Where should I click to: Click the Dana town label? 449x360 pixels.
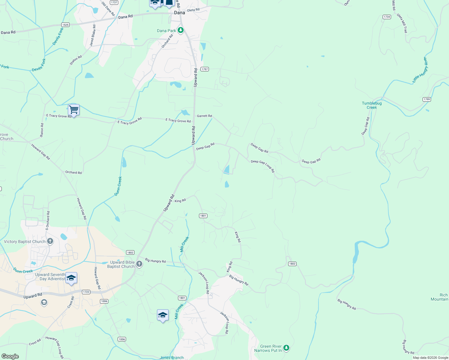tap(179, 13)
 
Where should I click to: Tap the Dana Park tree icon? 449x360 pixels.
tap(180, 30)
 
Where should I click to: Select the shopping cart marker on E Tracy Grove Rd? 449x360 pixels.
tap(74, 110)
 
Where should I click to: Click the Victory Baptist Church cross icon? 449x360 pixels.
tap(50, 241)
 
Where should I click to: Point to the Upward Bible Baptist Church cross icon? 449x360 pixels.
tap(139, 264)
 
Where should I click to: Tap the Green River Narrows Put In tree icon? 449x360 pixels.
tap(286, 348)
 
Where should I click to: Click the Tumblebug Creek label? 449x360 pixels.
tap(372, 105)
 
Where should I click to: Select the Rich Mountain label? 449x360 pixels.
tap(439, 297)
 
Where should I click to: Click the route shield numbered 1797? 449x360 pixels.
tap(204, 69)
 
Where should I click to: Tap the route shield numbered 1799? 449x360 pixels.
tap(426, 99)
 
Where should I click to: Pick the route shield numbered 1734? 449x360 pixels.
tap(387, 17)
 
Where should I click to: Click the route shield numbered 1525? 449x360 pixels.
tap(65, 25)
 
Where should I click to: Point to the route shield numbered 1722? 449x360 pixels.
tap(86, 292)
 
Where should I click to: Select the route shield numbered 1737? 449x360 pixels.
tap(114, 2)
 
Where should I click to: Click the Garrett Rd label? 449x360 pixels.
tap(204, 116)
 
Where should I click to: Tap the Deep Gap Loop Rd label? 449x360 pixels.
tap(263, 166)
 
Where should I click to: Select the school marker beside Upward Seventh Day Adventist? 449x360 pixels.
tap(71, 278)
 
